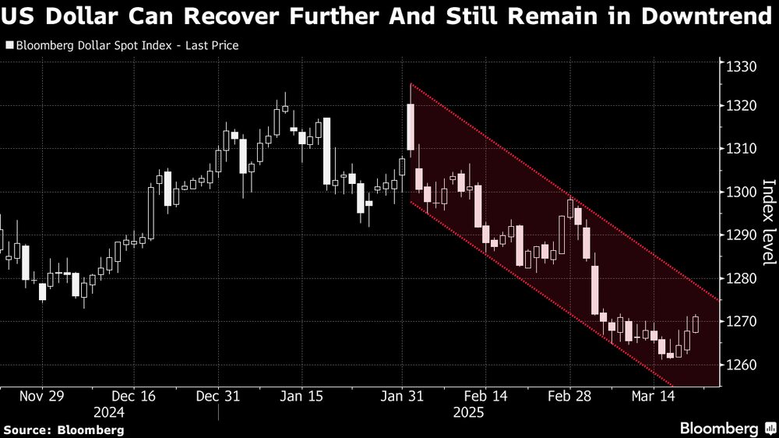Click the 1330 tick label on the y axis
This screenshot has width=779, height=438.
[743, 68]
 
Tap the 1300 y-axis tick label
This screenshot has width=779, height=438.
[743, 193]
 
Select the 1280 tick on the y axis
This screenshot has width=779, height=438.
[743, 279]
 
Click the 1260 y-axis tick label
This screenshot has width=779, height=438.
[743, 365]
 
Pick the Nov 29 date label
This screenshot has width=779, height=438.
[41, 396]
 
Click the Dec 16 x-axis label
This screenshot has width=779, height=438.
[133, 396]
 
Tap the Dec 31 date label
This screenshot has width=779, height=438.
[218, 396]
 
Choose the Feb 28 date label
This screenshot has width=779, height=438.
[569, 396]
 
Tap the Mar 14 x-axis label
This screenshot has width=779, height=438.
[653, 396]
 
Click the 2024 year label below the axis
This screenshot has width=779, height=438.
[109, 412]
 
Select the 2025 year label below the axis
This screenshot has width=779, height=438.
[470, 412]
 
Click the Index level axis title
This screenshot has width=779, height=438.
[768, 222]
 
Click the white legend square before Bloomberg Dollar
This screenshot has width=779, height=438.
[9, 45]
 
